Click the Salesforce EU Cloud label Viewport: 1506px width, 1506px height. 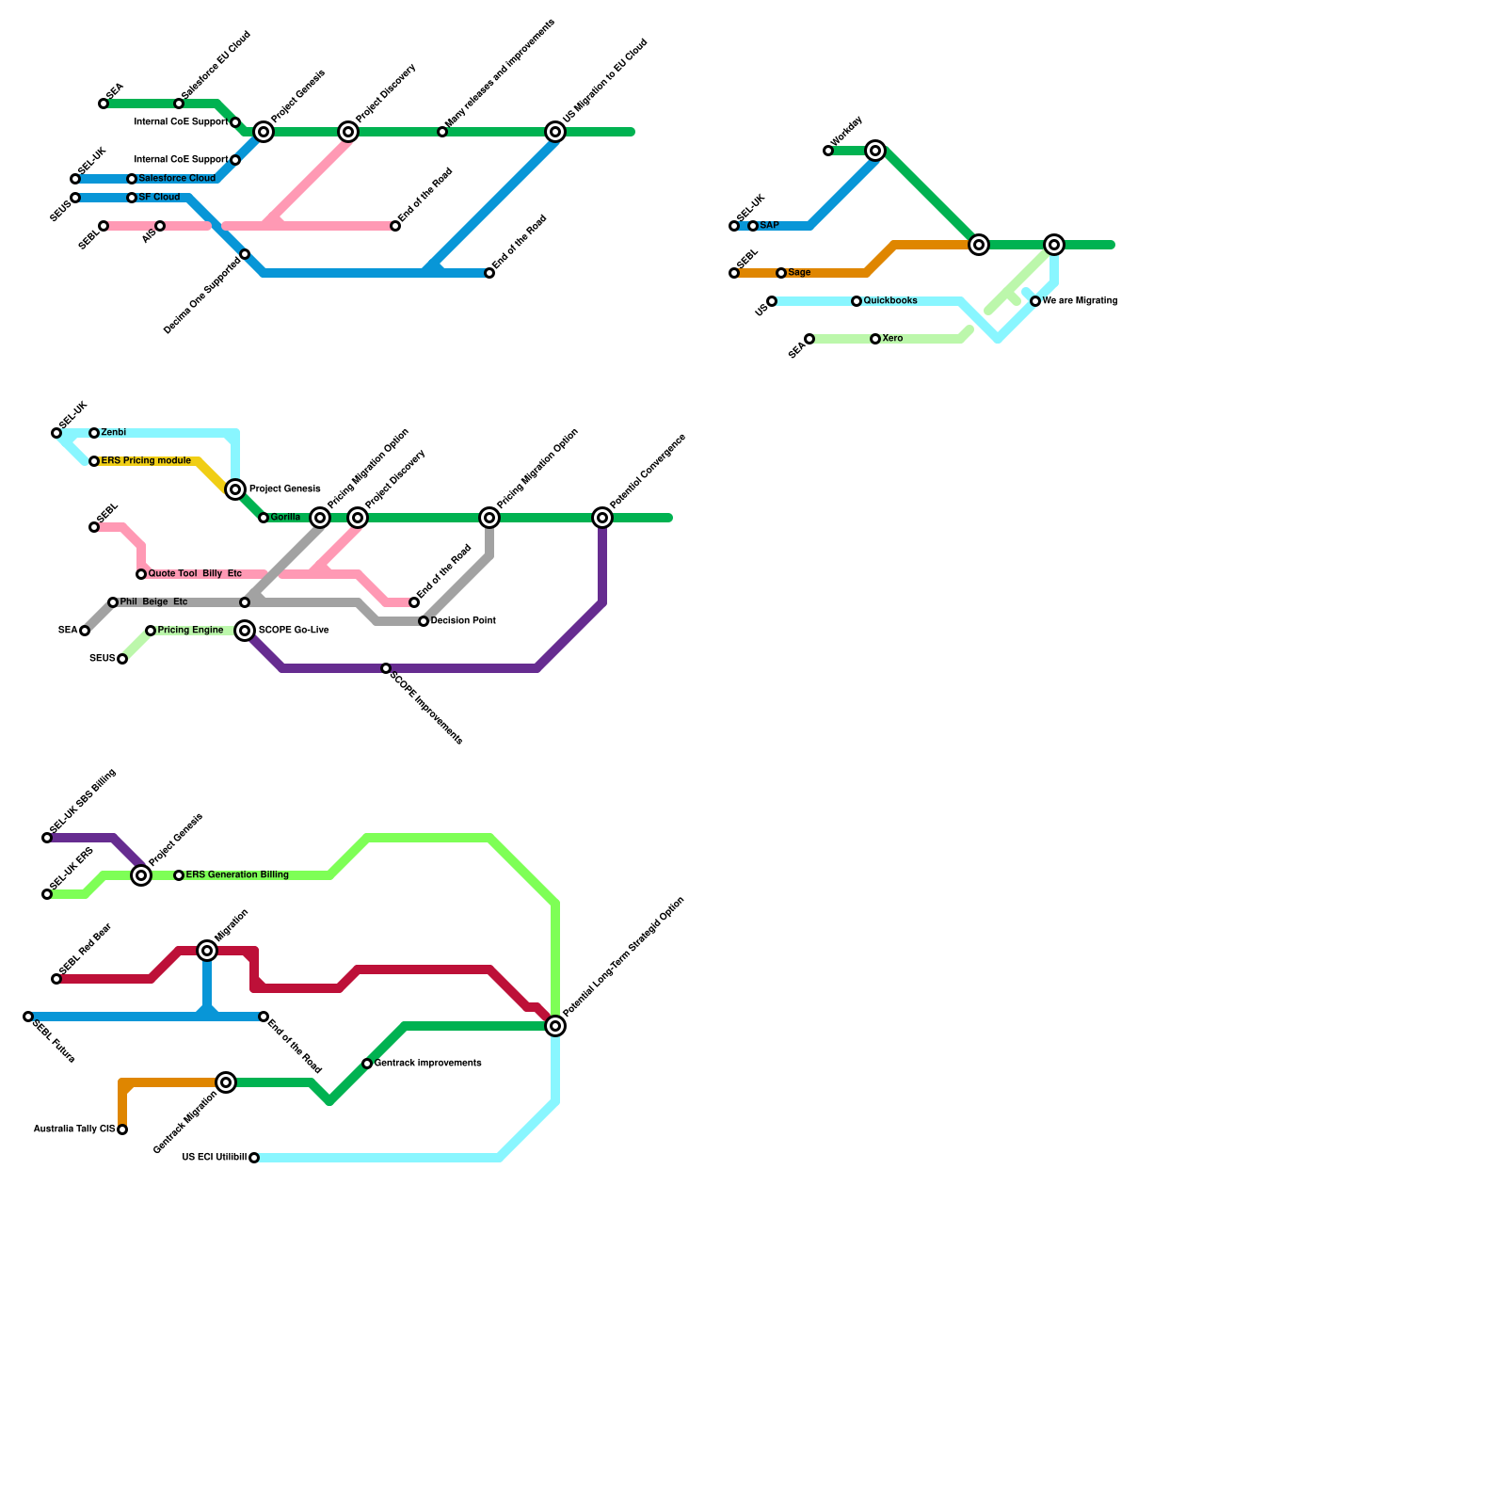click(216, 65)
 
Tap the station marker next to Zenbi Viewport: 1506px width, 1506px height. click(94, 433)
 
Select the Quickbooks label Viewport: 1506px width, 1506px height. click(890, 301)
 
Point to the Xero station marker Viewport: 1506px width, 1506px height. click(875, 339)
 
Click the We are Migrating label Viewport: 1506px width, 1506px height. click(1080, 301)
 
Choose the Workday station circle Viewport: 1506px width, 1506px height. click(828, 151)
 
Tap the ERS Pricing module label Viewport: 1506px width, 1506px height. click(146, 461)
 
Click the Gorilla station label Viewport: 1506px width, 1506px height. click(285, 518)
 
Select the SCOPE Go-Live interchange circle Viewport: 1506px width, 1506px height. click(245, 631)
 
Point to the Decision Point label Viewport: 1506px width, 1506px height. click(463, 621)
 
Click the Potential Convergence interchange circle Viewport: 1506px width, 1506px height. click(602, 518)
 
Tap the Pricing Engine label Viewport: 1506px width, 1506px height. click(190, 631)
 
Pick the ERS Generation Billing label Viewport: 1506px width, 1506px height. click(237, 875)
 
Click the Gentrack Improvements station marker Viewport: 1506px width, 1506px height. click(367, 1064)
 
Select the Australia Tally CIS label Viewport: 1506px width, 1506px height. click(73, 1129)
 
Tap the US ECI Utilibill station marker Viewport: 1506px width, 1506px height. click(254, 1158)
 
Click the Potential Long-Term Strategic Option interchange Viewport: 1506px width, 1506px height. click(555, 1026)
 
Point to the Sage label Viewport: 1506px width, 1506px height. click(799, 273)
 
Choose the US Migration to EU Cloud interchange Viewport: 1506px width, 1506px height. click(555, 132)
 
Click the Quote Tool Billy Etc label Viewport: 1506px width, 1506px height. click(195, 574)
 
